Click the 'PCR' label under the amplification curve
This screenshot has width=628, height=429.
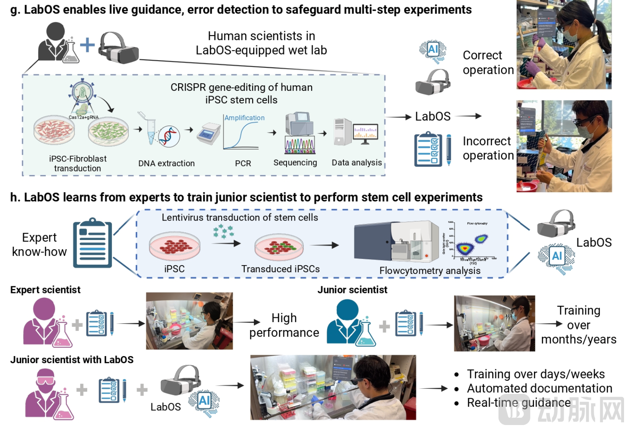pos(243,163)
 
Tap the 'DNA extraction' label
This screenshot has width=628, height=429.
pos(167,163)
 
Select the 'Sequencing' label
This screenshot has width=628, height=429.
pos(295,163)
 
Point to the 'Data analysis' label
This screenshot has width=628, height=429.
pos(357,163)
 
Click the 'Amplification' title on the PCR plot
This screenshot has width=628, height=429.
pos(245,118)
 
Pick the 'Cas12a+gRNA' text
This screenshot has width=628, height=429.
pos(84,117)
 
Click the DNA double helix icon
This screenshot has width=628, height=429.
pos(169,136)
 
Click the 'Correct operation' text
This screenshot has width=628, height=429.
pos(488,63)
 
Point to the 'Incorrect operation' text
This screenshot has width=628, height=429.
pos(488,148)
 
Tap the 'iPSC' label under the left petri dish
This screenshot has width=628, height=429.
pos(175,269)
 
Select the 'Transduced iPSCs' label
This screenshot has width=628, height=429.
pos(281,269)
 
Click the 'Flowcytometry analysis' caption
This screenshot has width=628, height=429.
pos(430,271)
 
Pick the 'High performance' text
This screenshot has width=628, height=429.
pos(284,325)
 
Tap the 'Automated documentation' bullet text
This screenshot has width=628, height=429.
pos(540,388)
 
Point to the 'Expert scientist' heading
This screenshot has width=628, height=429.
pos(45,290)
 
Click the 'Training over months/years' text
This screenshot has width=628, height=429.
pos(579,325)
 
